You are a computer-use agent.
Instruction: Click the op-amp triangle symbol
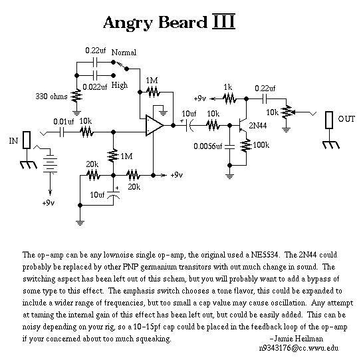tap(154, 125)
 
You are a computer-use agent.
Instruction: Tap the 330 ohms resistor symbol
tap(76, 96)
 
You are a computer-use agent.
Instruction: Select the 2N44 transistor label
tap(258, 126)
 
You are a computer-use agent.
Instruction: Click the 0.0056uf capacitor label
tap(207, 146)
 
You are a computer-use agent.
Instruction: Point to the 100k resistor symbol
tap(246, 146)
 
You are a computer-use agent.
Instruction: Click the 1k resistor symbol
tap(229, 99)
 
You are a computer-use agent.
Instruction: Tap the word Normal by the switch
tap(124, 53)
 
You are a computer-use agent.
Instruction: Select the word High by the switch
tap(120, 85)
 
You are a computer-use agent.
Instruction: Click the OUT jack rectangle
tap(329, 120)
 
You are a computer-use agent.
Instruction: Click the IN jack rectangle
tap(27, 140)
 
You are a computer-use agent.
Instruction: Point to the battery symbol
tap(50, 164)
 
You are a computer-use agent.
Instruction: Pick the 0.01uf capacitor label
tap(63, 122)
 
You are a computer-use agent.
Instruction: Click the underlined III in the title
tap(223, 21)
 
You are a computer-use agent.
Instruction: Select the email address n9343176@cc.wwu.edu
tap(299, 348)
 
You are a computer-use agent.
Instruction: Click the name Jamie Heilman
tap(297, 339)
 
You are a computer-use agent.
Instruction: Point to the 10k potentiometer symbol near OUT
tap(287, 112)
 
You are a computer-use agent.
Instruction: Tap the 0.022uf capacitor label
tap(95, 87)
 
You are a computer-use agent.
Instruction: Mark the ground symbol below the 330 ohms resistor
tap(76, 113)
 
